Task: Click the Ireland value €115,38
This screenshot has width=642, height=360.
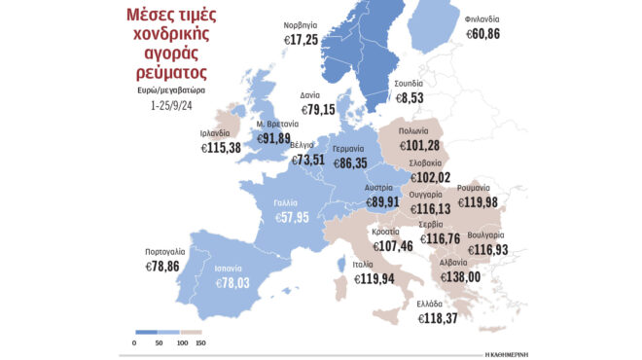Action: [222, 147]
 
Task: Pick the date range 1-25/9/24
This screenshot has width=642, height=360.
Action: [173, 100]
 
